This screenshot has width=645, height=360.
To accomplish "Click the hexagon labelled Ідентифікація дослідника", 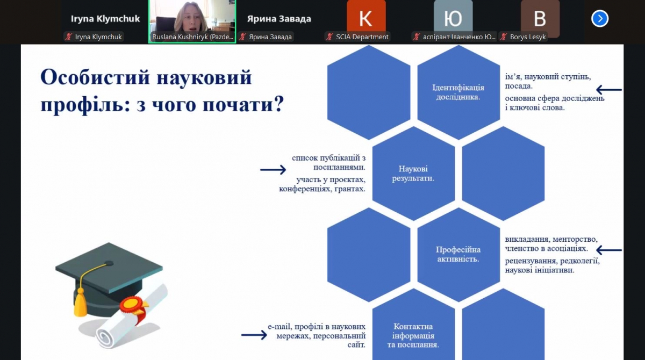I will (x=458, y=92).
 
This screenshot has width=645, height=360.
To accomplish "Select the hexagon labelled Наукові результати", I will (x=413, y=173).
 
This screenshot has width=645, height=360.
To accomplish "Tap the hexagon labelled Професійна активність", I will (x=458, y=254).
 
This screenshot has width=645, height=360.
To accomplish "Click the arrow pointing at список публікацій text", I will (x=273, y=170).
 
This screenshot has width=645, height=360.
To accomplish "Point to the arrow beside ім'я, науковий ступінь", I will (x=608, y=90).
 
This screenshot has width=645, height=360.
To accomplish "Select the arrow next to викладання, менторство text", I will (x=608, y=250).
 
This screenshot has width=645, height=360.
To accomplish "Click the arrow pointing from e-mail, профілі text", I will (x=254, y=335).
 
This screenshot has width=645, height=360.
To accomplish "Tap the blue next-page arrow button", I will (x=600, y=19).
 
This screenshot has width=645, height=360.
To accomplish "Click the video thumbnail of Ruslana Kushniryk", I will (x=192, y=19).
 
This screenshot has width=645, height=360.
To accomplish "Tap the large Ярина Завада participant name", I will (x=279, y=19).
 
